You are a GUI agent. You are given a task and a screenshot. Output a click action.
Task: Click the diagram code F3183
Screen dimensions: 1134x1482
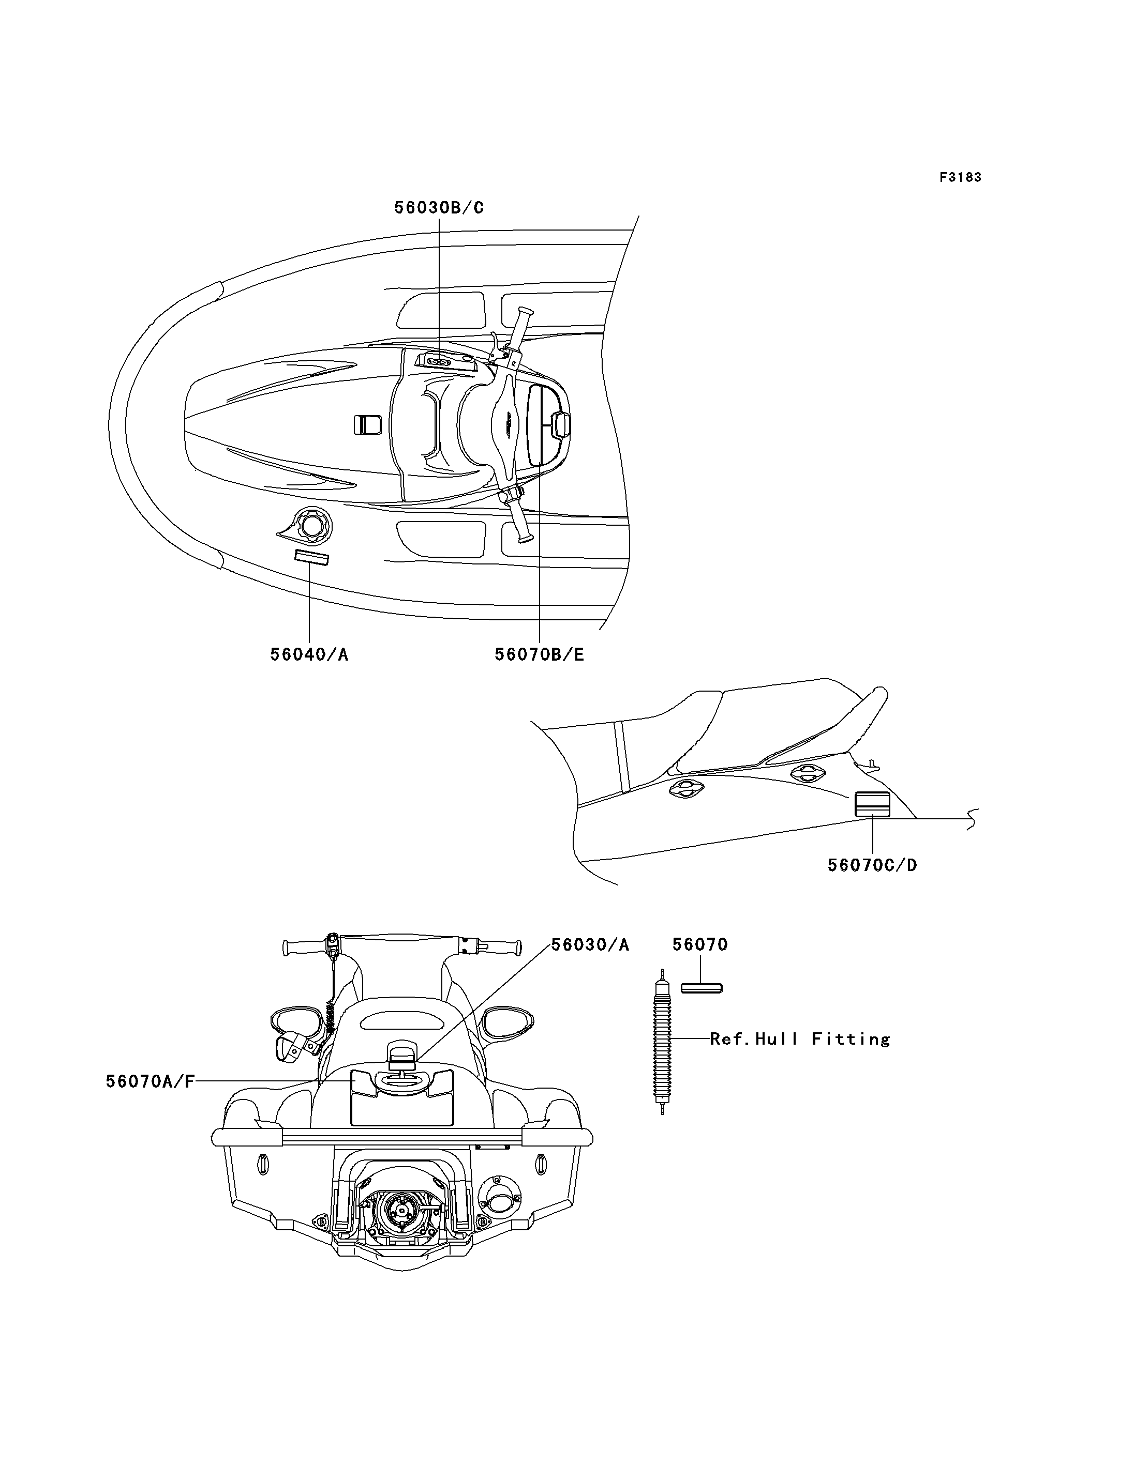(x=961, y=177)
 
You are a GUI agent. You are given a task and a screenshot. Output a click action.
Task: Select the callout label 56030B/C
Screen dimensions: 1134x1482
(x=439, y=208)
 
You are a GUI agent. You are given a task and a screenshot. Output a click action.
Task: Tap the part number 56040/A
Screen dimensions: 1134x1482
(x=309, y=654)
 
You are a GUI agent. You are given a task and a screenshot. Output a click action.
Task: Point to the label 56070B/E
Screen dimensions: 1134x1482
(x=540, y=654)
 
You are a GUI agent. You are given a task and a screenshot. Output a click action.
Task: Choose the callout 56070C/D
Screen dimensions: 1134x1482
(x=873, y=865)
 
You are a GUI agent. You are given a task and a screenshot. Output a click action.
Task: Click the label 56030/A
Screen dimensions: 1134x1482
(x=591, y=945)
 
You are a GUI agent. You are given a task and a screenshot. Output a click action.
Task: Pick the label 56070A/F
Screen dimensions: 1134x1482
(x=150, y=1081)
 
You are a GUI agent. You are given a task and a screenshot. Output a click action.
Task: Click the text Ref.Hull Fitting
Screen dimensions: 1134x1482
(x=800, y=1039)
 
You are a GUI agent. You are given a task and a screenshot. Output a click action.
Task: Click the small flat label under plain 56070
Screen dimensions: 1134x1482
(x=702, y=988)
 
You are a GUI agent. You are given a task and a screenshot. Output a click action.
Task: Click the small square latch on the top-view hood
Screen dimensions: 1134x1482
(x=368, y=425)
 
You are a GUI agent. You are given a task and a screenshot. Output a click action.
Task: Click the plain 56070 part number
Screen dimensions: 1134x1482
(x=700, y=945)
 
